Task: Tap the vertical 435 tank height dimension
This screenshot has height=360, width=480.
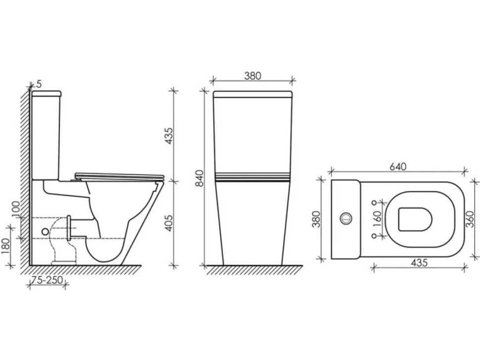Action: [169, 136]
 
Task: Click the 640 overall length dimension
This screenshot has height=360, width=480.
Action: [398, 167]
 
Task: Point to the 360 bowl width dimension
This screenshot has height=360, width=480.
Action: [470, 219]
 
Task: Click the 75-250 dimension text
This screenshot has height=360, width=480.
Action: [47, 279]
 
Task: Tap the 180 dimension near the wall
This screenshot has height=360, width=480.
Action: [5, 247]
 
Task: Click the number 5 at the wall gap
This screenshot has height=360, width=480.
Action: [39, 84]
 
